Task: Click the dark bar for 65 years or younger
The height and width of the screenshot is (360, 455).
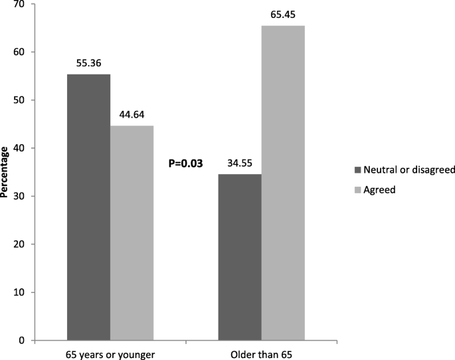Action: (x=88, y=207)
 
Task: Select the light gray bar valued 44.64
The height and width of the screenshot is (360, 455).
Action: (x=132, y=232)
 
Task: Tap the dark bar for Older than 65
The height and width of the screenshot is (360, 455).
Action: (x=240, y=257)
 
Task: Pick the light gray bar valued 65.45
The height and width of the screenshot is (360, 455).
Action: (x=283, y=183)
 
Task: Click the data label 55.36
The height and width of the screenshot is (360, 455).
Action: (x=88, y=64)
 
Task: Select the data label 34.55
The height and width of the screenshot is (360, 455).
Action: (x=240, y=163)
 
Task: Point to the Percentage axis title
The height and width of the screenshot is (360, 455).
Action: (x=6, y=173)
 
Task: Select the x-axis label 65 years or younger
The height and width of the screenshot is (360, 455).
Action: (x=110, y=353)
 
